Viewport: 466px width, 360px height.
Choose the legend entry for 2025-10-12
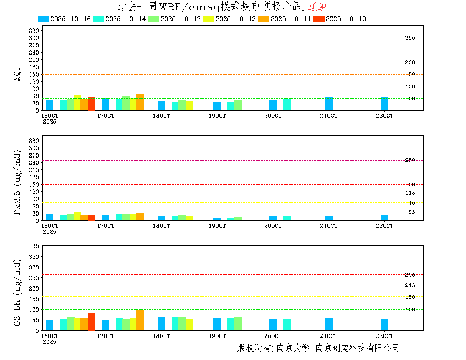tap(229, 19)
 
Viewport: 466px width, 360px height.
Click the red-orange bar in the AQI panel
tap(92, 104)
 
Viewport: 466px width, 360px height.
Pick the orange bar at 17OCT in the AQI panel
tap(140, 102)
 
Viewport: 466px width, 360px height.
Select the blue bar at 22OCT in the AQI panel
tap(385, 103)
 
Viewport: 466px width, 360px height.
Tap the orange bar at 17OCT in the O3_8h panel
tap(140, 320)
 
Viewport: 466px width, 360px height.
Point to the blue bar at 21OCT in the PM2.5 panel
tap(329, 218)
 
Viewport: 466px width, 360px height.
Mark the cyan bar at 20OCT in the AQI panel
tap(287, 105)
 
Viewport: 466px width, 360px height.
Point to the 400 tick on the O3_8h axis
tap(34, 246)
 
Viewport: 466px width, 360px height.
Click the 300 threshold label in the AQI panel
tap(410, 38)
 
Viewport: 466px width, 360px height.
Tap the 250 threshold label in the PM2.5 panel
tap(410, 161)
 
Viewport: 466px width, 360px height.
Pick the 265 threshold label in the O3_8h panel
tap(410, 275)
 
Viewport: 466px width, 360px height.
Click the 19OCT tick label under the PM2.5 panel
tap(217, 226)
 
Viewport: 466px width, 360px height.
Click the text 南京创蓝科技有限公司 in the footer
tap(357, 348)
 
